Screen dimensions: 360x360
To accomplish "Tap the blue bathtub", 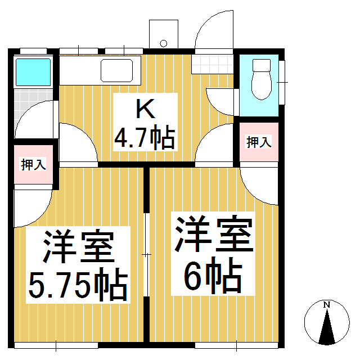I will pos(33,71).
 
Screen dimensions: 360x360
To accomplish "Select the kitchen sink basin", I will pos(116,72).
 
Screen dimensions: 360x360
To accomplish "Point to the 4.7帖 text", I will pos(145,137).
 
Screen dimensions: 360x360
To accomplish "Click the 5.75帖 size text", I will pos(77,286).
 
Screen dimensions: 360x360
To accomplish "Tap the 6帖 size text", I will pos(213,276).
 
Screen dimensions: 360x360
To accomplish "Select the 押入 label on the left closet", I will pos(33,165).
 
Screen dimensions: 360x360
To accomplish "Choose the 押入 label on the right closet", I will pos(259,142).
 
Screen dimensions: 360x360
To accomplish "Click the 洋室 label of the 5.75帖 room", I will pos(79,247).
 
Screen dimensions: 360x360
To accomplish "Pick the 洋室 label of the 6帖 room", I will pos(213,235).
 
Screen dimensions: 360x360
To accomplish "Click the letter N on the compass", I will pos(326,305).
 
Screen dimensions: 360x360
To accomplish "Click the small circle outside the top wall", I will pos(164,43).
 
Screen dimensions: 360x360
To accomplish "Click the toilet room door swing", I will pos(219,100).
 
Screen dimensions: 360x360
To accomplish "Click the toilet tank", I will pos(261,65).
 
